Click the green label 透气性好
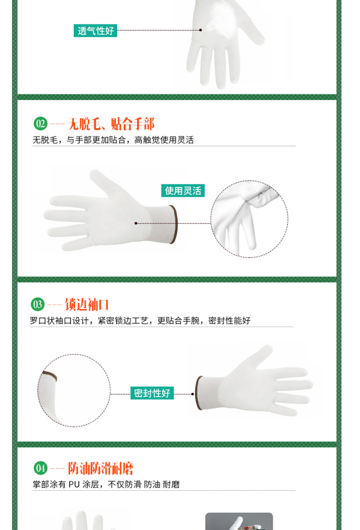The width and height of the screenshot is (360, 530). (95, 31)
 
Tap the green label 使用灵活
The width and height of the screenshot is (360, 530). (183, 191)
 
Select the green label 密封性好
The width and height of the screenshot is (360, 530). (152, 393)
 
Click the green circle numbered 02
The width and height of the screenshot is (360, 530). (41, 124)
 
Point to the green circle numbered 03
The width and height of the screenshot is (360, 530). (37, 305)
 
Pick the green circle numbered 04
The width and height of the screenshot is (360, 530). (41, 469)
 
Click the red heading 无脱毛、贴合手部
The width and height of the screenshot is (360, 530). (112, 124)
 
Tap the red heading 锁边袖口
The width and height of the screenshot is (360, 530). (87, 305)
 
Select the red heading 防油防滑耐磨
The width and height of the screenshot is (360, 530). (101, 469)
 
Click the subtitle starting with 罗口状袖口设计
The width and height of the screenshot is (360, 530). (140, 321)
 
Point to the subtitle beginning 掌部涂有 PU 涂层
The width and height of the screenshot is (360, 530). (106, 484)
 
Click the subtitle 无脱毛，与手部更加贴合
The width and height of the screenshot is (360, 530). (113, 140)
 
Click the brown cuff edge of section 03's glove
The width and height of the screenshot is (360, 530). (199, 393)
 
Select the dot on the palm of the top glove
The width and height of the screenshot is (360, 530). (201, 30)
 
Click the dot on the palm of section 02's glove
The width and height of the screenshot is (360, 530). (136, 223)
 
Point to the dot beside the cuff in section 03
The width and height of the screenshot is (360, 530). (192, 394)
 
